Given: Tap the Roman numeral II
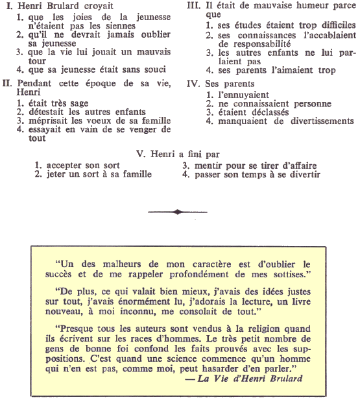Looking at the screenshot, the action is coord(7,84).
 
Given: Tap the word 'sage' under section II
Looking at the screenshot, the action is coord(79,103).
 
